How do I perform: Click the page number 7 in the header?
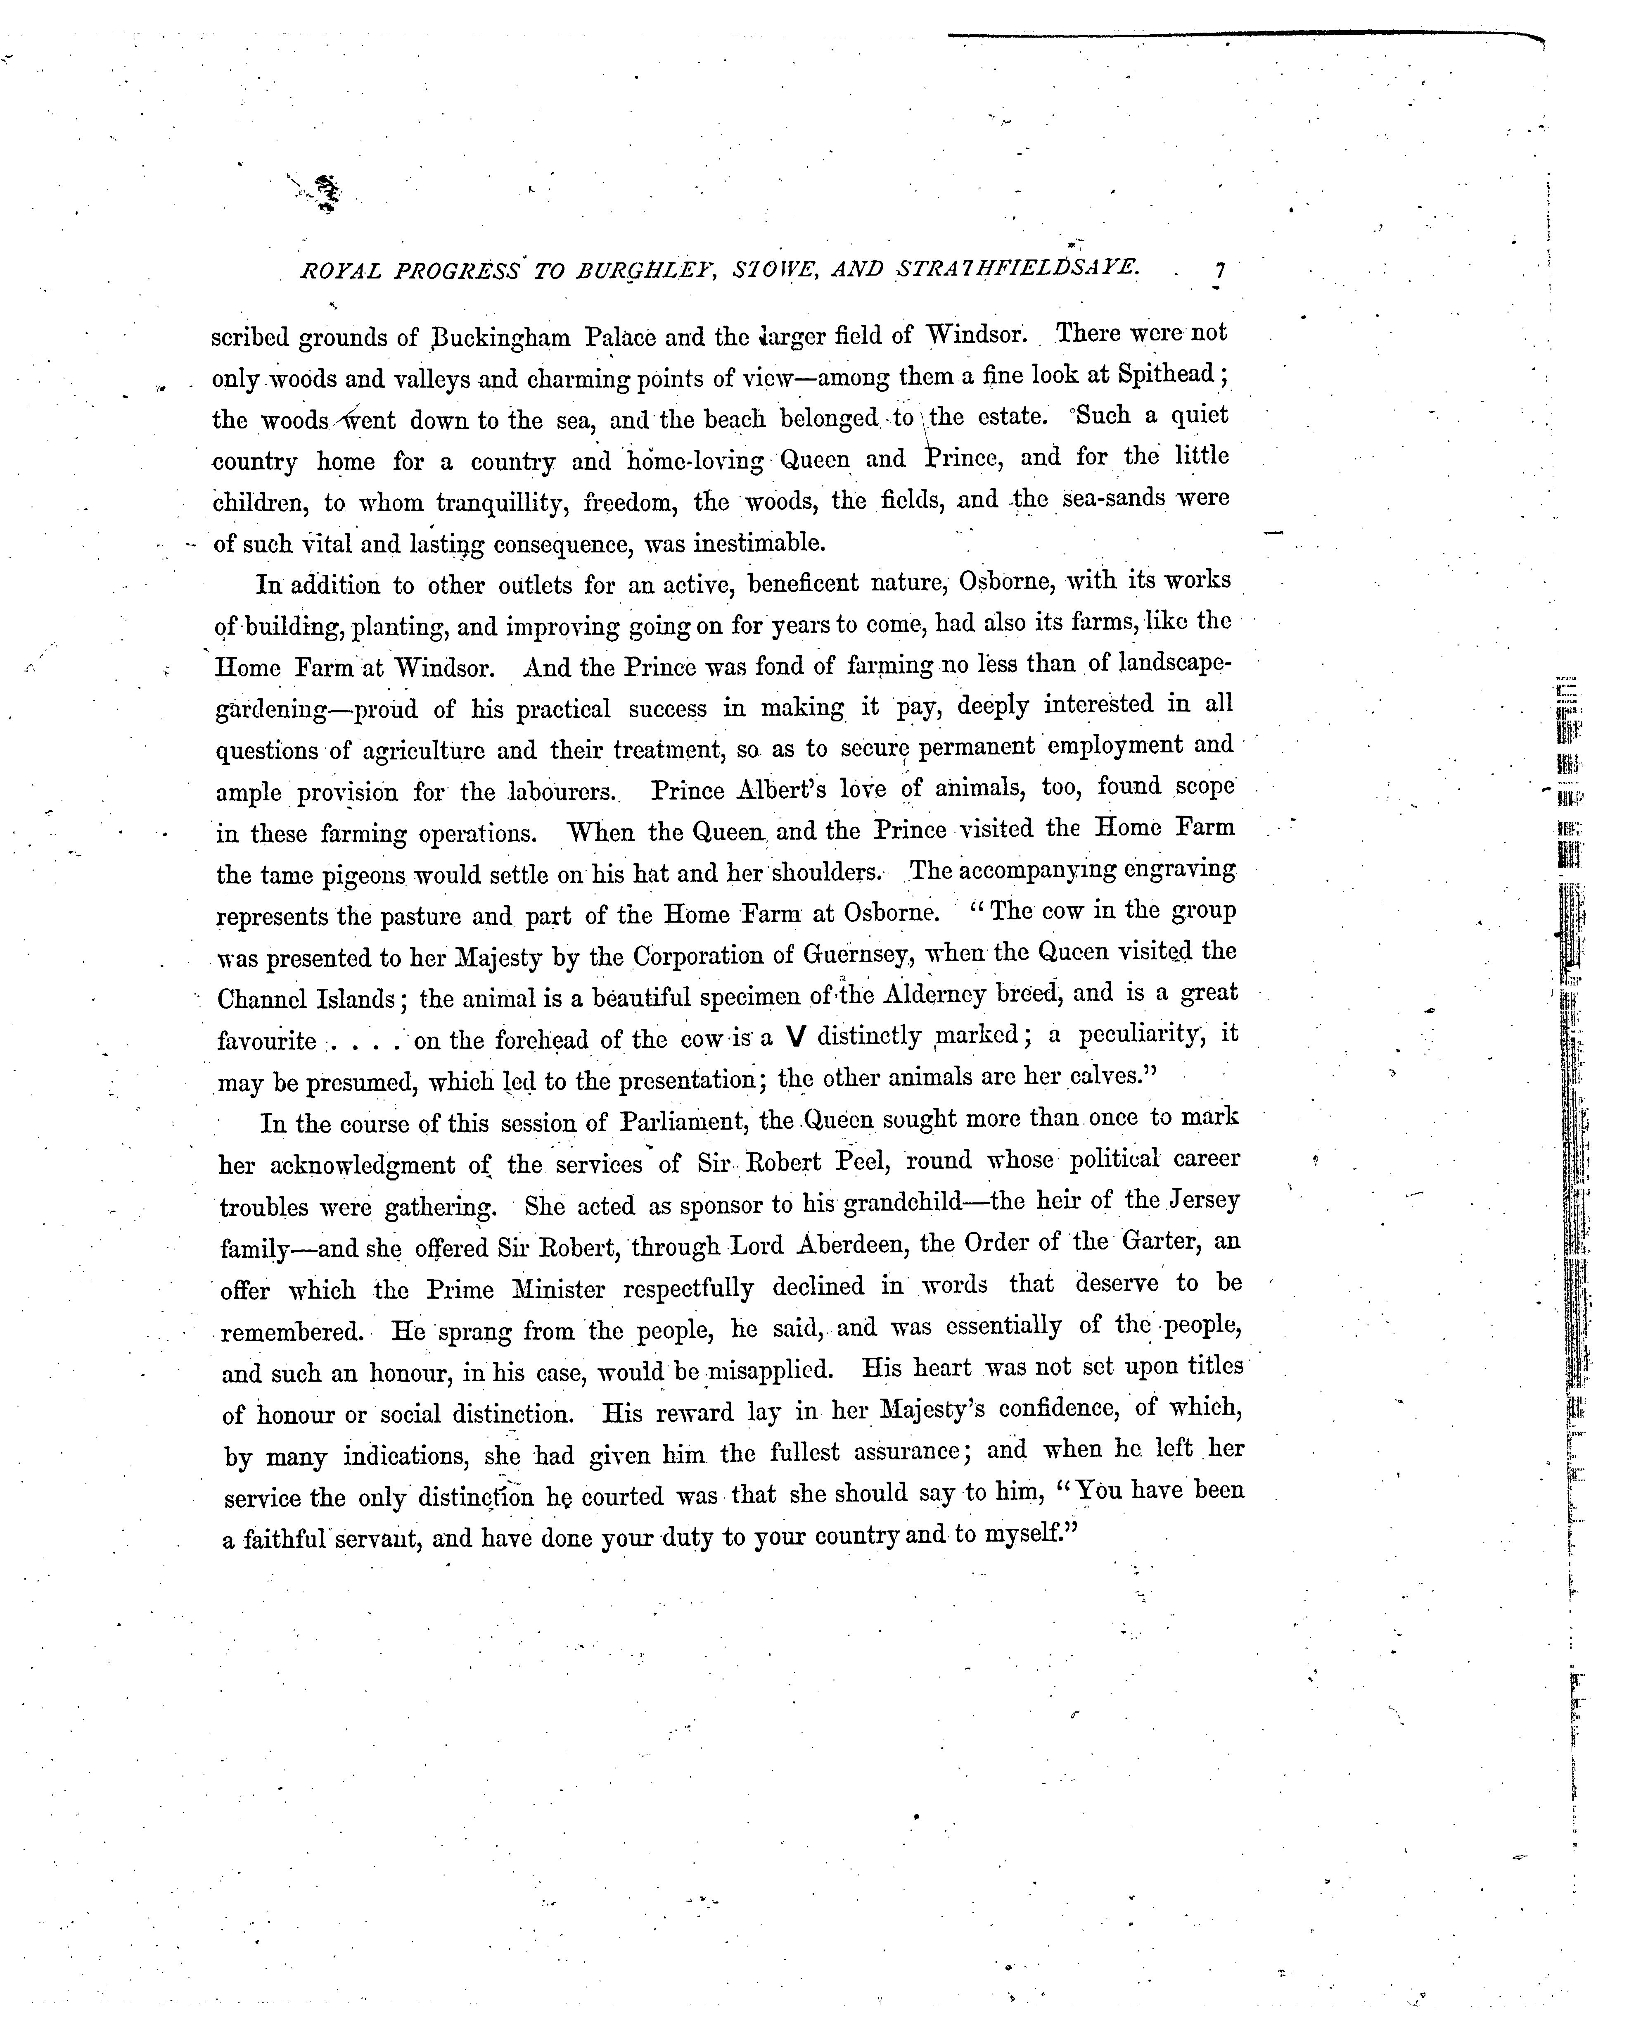pyautogui.click(x=1219, y=271)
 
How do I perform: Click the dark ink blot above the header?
pyautogui.click(x=325, y=192)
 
